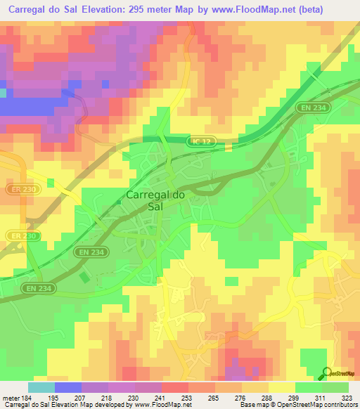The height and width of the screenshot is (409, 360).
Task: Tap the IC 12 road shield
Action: coord(200,141)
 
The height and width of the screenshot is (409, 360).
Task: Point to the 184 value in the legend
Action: coord(27,397)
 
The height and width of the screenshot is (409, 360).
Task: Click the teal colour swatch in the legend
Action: coord(41,387)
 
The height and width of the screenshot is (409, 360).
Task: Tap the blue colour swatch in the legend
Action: coord(67,387)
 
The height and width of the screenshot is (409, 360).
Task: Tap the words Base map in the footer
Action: coord(252,405)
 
